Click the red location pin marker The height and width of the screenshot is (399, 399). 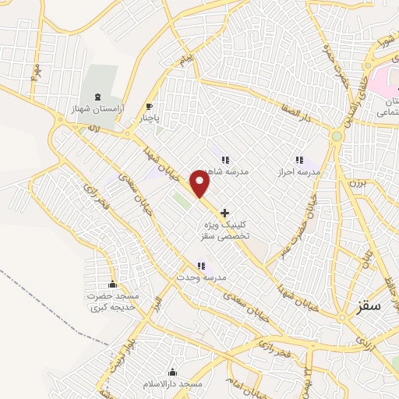pos(201,183)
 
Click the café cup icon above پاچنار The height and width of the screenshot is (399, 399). pos(149,107)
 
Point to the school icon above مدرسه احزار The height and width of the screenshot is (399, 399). pos(299,160)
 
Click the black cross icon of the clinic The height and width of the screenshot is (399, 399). pos(225,212)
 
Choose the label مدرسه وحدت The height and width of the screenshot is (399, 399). pos(200,278)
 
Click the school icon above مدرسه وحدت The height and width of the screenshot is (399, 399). pos(201,267)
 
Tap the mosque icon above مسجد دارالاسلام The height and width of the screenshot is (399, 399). pos(172,373)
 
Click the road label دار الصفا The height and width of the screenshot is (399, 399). pos(296,114)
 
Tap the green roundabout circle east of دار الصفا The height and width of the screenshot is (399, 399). pos(337,136)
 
